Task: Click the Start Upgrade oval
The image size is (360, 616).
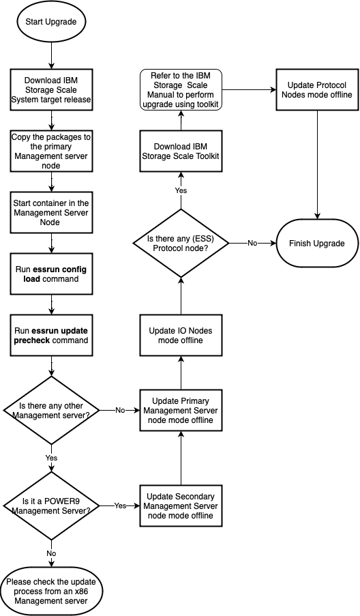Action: coord(51,21)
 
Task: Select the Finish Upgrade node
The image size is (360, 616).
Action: coord(317,244)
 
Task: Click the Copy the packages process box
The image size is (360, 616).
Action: coord(51,148)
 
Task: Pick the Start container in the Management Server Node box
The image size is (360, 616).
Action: coord(51,207)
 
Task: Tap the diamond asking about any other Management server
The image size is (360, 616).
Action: coord(51,411)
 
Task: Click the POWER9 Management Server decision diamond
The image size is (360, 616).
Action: coord(51,505)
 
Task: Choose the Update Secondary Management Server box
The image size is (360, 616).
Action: coord(181,505)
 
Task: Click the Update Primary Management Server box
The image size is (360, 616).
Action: coord(181,410)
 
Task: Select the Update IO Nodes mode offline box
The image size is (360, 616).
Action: coord(181,335)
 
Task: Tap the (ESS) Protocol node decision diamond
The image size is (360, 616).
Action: coord(181,243)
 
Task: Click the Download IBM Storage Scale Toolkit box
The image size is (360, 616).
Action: coord(181,151)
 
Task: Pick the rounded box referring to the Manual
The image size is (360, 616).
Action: coord(181,89)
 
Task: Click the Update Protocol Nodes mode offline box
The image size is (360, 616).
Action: coord(317,89)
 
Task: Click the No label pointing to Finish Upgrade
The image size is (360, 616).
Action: coord(252,243)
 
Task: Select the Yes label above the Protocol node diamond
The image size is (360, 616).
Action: coord(181,190)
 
